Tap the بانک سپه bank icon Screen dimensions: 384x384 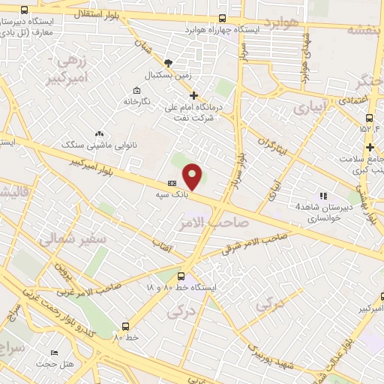coord(172,183)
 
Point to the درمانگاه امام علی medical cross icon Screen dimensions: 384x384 coord(194,95)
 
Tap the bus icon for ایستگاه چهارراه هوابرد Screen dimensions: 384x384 coord(221,18)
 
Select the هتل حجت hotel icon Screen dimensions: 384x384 coord(53,353)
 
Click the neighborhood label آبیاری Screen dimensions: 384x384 coord(310,108)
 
